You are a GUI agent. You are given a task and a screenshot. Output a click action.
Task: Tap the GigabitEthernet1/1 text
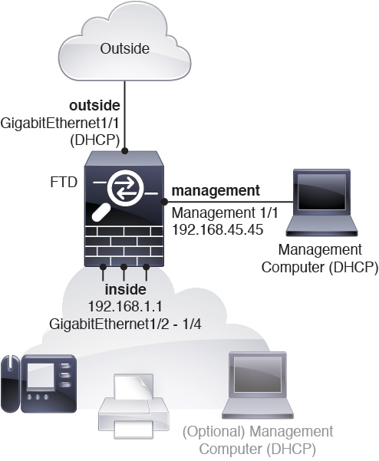click(x=58, y=122)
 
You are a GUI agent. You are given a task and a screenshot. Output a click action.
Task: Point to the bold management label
click(x=216, y=189)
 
